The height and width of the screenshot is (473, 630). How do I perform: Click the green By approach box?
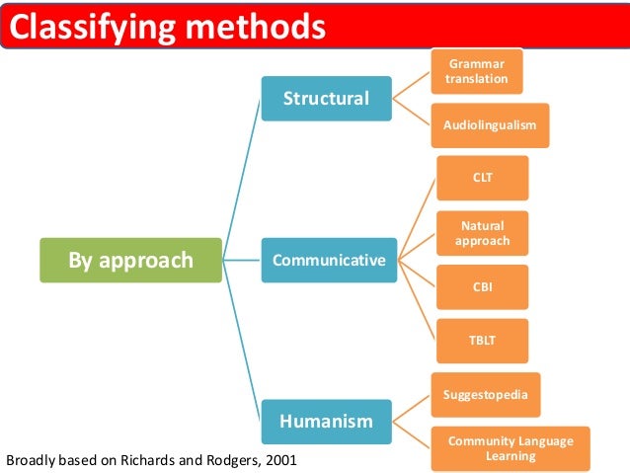coord(130,261)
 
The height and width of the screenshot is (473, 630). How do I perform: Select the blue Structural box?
coord(327,99)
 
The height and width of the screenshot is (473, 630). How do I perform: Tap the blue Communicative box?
coord(328,261)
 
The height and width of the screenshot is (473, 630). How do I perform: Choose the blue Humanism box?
coord(327,422)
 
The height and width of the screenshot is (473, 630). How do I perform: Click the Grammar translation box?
coord(477,72)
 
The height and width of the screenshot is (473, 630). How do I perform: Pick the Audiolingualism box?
coord(491,126)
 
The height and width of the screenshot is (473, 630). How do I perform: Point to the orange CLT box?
coord(482,178)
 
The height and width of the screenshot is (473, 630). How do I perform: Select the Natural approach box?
coord(482,233)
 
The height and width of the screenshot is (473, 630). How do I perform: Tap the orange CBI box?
coord(482,287)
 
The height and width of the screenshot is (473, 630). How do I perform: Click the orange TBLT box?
coord(482,342)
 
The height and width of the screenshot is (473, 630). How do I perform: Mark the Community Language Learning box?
coord(511,449)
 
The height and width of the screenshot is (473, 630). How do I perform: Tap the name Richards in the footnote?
coord(145,460)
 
